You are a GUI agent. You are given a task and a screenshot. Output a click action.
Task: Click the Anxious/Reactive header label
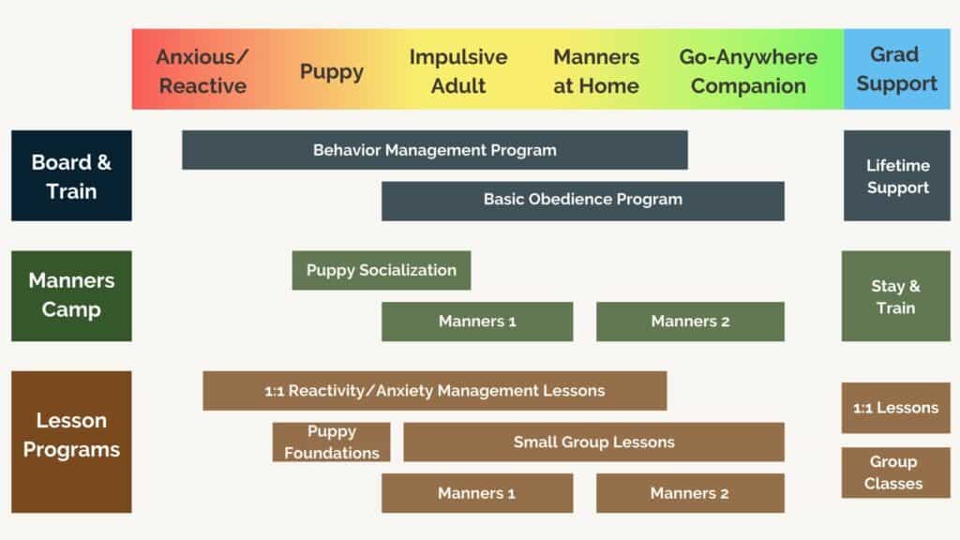pos(202,70)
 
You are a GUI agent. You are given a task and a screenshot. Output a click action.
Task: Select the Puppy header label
pos(332,71)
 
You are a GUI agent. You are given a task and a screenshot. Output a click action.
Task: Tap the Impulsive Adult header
pos(458,70)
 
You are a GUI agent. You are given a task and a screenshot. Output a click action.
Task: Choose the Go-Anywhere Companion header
pos(748,70)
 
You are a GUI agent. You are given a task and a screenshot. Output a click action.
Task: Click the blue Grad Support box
pos(896,69)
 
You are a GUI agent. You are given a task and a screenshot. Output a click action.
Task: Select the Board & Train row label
pos(71,175)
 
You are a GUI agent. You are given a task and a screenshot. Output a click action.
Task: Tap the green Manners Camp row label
pos(71,295)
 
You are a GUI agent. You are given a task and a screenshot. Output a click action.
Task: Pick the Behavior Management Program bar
pos(434,150)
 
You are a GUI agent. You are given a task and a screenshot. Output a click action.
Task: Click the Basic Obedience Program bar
pos(582,200)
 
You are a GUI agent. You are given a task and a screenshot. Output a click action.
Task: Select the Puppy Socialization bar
pos(381,270)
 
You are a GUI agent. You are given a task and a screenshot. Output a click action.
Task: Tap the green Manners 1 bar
pos(477,322)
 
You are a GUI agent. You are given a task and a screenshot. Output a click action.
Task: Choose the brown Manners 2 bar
pos(690,493)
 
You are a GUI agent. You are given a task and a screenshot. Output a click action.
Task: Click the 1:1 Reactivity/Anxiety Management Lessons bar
pos(434,391)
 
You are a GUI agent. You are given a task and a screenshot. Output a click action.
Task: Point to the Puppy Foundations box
pos(331,442)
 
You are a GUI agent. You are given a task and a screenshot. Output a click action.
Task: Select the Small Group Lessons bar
pos(593,442)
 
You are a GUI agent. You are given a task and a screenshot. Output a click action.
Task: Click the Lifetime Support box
pos(896,175)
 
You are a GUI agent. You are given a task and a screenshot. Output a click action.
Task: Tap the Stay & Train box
pos(895,296)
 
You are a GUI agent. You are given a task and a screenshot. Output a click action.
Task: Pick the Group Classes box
pos(895,472)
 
